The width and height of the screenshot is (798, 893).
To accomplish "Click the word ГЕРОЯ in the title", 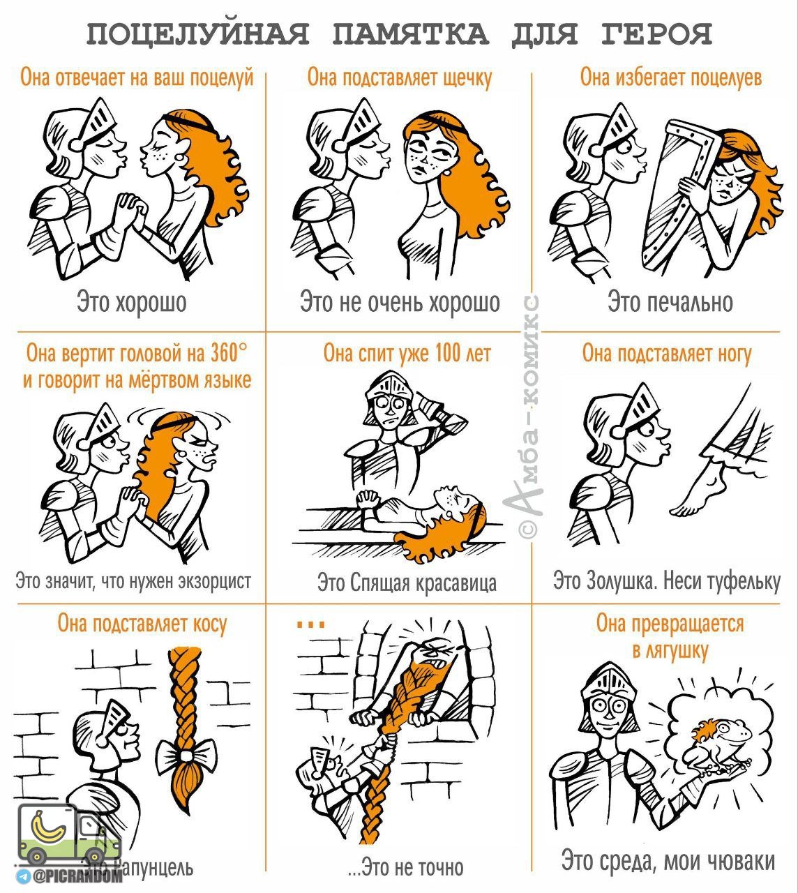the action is (x=656, y=34).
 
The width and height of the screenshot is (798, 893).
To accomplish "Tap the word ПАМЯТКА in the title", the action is (x=410, y=34).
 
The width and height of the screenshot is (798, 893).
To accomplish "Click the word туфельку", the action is (x=744, y=581).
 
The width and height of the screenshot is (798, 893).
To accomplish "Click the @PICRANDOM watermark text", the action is (x=77, y=877).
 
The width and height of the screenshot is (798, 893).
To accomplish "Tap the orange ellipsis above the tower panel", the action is (x=311, y=624).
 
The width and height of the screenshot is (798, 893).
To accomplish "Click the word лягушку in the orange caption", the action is (x=670, y=651).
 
